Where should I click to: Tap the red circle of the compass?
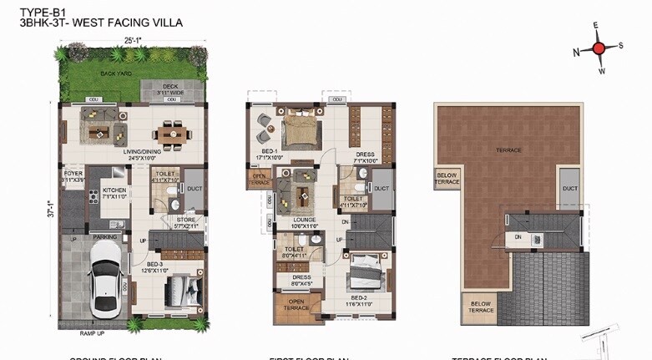point(598,48)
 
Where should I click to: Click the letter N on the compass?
point(577,52)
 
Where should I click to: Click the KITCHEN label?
point(114,190)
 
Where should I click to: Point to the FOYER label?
point(73,175)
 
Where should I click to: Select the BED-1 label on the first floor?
point(273,151)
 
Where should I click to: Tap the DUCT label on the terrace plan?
point(570,189)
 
